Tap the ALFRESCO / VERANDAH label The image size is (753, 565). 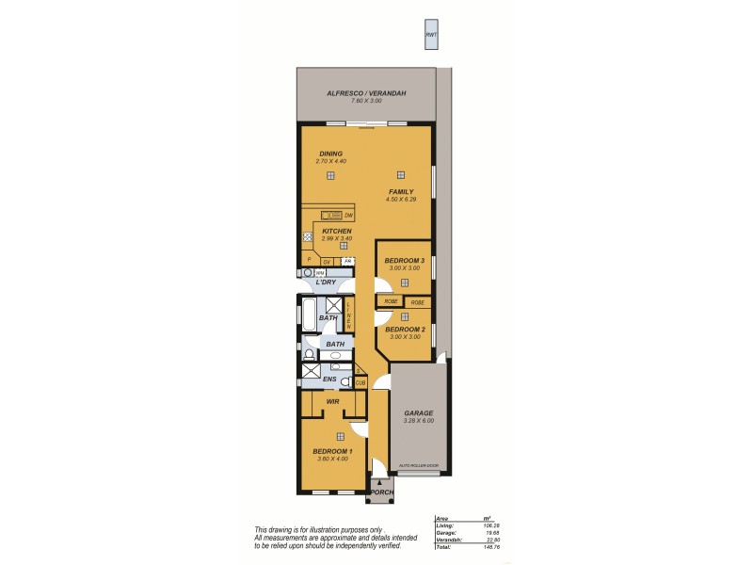(366, 93)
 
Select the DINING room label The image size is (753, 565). (330, 153)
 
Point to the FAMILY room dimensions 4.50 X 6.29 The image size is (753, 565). (400, 200)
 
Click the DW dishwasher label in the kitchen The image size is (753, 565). (348, 216)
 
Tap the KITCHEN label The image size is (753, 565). (336, 231)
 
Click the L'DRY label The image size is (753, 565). (326, 282)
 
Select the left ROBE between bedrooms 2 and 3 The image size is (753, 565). (390, 301)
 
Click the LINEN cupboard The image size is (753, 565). (348, 314)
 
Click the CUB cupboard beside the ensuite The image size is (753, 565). (360, 383)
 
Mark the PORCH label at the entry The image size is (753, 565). (380, 492)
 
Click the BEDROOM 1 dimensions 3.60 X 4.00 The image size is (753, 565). (331, 459)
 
